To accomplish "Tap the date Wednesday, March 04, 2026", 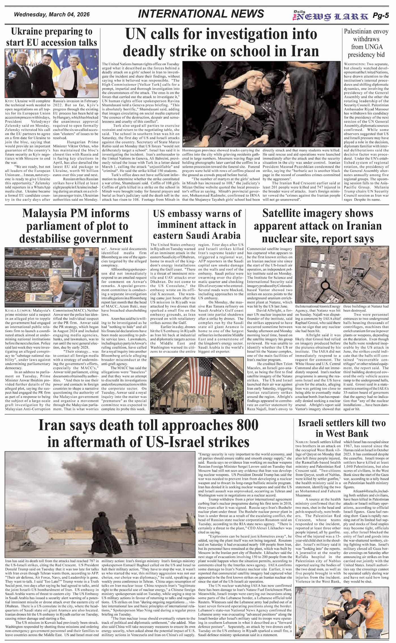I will tap(52, 14).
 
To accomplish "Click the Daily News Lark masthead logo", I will tap(330, 16).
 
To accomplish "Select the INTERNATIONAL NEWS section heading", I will tap(201, 14).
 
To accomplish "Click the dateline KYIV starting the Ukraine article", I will tap(10, 101).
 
